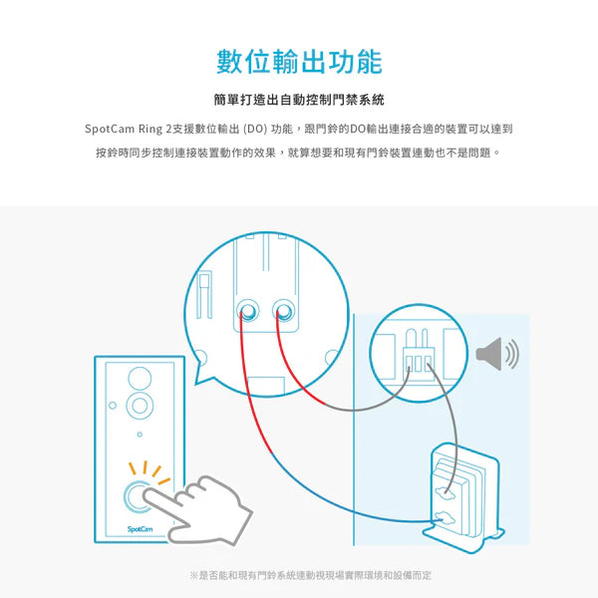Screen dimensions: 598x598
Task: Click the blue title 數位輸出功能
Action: [x=299, y=62]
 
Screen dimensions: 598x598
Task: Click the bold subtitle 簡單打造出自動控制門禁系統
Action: [x=299, y=100]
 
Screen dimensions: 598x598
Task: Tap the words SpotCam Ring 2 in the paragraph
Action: [x=129, y=129]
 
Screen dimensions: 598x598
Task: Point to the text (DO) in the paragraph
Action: [x=255, y=129]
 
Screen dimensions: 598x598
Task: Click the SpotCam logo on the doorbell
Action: [x=140, y=529]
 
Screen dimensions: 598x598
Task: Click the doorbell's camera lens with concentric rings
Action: [x=140, y=406]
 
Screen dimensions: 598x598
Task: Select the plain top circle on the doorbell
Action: [x=140, y=379]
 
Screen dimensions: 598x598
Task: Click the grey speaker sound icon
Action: [x=497, y=354]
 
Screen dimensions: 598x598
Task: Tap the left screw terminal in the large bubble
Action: [x=248, y=311]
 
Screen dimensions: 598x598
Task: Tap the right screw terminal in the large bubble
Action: [x=284, y=311]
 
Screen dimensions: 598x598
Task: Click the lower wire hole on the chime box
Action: [x=445, y=518]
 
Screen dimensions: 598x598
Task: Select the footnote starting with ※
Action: [x=310, y=575]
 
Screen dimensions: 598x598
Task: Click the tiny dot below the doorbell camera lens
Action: [x=140, y=435]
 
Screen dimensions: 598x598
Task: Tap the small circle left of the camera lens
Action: [x=113, y=405]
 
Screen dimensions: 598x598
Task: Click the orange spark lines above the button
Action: [x=149, y=471]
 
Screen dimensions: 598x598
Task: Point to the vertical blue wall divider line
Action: [x=354, y=430]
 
